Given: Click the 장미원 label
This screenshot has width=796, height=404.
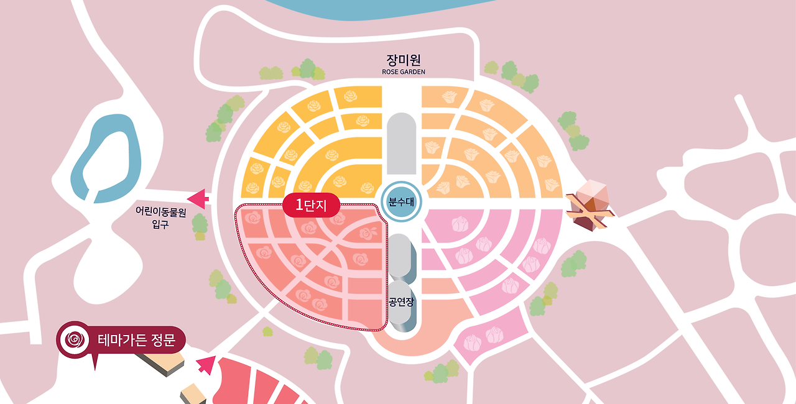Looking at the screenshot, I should point(404,60).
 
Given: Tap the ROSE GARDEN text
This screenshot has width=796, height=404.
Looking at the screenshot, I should point(404,72).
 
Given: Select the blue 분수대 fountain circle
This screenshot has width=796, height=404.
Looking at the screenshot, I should point(401,202).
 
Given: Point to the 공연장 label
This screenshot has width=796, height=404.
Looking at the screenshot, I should point(401,302).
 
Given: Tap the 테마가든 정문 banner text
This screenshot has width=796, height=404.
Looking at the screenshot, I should point(136,341).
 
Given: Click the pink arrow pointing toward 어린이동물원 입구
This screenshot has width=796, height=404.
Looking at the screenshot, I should point(198,199).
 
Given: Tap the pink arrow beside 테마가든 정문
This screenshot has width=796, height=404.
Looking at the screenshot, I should point(205,365).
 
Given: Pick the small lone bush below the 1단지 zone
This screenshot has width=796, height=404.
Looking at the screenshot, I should point(267,332).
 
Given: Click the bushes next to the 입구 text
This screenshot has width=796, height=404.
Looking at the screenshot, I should point(200,225).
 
